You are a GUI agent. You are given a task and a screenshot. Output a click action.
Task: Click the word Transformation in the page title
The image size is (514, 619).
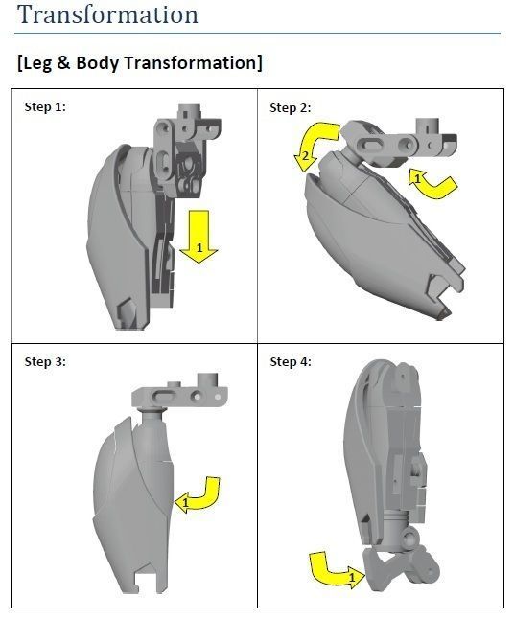(107, 14)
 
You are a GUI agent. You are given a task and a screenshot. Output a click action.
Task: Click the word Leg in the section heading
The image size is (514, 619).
(37, 63)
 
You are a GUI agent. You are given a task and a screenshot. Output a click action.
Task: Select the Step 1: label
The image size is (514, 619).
(45, 106)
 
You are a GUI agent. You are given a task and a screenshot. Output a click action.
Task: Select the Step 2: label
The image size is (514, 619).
(291, 107)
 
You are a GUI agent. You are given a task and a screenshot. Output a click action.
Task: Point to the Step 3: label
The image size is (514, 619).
(45, 361)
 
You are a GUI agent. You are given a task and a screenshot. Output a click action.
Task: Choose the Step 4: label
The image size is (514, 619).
(291, 361)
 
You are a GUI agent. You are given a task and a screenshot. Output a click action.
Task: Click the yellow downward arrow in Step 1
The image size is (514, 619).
(199, 237)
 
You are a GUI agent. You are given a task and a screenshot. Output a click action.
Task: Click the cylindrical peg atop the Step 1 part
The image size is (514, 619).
(189, 111)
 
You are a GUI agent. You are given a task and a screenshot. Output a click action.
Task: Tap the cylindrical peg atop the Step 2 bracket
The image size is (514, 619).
(427, 126)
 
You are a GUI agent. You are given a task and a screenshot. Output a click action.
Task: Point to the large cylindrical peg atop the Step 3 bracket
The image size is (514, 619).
(207, 380)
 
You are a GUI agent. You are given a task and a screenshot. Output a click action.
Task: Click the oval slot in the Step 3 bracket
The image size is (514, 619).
(164, 396)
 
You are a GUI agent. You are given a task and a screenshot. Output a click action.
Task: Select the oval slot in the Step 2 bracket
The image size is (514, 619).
(371, 145)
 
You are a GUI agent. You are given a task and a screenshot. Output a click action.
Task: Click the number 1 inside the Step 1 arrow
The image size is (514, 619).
(199, 248)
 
